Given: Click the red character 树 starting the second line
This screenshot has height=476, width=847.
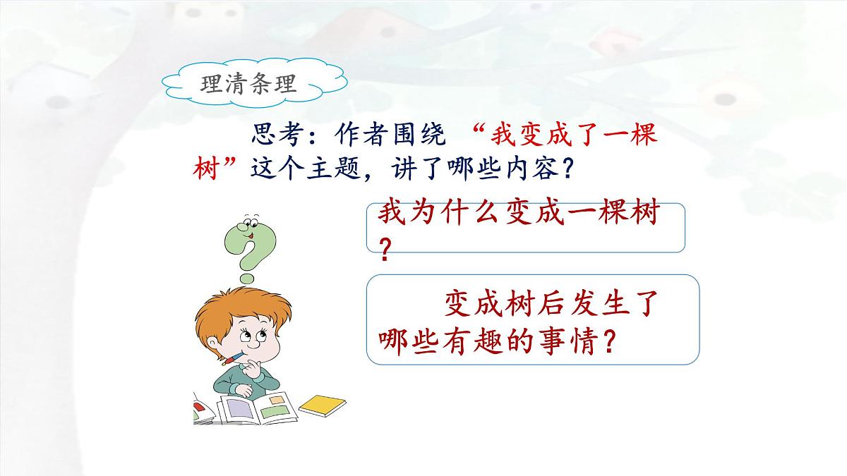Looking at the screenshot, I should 210,169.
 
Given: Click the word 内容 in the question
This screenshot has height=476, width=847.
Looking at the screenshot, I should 534,169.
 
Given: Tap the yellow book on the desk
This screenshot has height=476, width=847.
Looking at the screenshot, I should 323,405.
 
